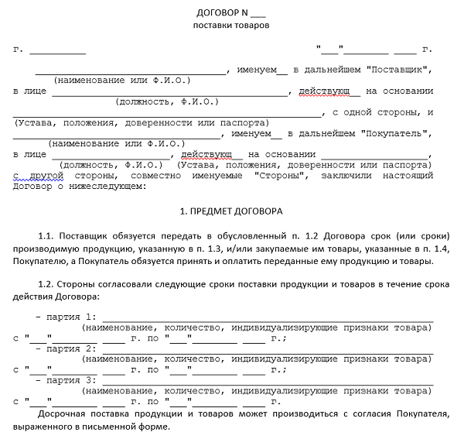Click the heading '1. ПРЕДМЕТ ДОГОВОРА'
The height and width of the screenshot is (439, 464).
point(231,211)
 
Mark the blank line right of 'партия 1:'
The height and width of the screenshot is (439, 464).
point(267,317)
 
